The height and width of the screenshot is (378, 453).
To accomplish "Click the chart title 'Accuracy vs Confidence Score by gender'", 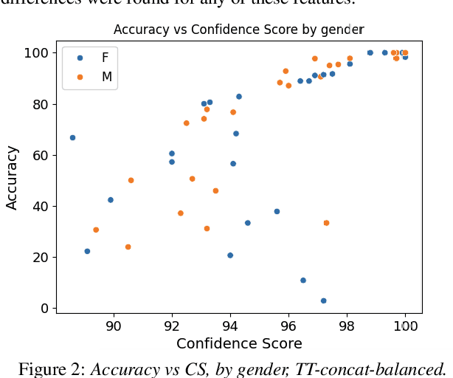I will click(238, 30).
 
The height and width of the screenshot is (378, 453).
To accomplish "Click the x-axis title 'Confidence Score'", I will click(238, 344).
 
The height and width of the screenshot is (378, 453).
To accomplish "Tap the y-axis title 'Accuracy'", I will click(12, 177).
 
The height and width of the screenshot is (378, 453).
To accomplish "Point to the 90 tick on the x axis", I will click(114, 326).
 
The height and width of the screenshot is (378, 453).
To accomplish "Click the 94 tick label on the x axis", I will click(230, 326).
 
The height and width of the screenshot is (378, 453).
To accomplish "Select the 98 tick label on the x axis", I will click(347, 326).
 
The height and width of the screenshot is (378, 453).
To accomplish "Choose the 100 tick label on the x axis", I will click(405, 326).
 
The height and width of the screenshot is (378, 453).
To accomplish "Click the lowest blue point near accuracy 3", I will click(323, 300).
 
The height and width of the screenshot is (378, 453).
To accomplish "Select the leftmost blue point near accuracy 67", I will click(72, 137).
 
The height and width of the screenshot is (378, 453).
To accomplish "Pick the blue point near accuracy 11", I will click(303, 281).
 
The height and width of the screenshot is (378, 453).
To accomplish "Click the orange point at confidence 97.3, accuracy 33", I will click(326, 223).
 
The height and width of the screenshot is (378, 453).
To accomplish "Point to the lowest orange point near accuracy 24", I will click(128, 247).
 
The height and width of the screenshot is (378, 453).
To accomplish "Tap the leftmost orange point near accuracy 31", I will click(96, 230).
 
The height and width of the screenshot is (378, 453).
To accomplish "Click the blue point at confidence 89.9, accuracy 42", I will click(111, 200).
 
